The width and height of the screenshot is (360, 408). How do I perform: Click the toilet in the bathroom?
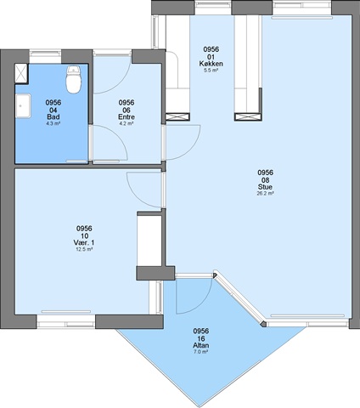coord(74,80)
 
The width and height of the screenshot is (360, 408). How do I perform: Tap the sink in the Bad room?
coord(23,105)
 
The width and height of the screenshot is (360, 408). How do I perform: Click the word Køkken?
coord(211,64)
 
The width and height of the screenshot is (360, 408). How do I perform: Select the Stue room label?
coord(265,187)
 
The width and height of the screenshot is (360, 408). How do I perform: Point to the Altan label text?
coord(201,345)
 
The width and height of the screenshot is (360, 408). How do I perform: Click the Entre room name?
coord(127,117)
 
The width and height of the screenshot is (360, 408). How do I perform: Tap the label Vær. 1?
coord(84,243)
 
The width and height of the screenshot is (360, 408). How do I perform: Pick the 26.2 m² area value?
coord(265,194)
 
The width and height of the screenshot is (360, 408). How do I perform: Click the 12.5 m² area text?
coord(84,249)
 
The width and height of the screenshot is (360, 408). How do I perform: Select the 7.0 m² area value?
coord(201,352)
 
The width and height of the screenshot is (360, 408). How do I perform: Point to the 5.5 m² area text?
coord(211,71)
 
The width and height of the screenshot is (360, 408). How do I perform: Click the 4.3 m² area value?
coord(53,123)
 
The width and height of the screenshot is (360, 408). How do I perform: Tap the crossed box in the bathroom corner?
coord(21,74)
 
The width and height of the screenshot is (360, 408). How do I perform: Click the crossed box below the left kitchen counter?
coord(177,116)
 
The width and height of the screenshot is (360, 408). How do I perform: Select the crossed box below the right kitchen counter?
coord(247,117)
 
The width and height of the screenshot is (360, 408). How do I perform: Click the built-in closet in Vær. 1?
coord(149,241)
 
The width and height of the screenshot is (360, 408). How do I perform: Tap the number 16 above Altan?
coord(201,338)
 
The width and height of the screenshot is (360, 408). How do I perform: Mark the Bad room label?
coord(53,117)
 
